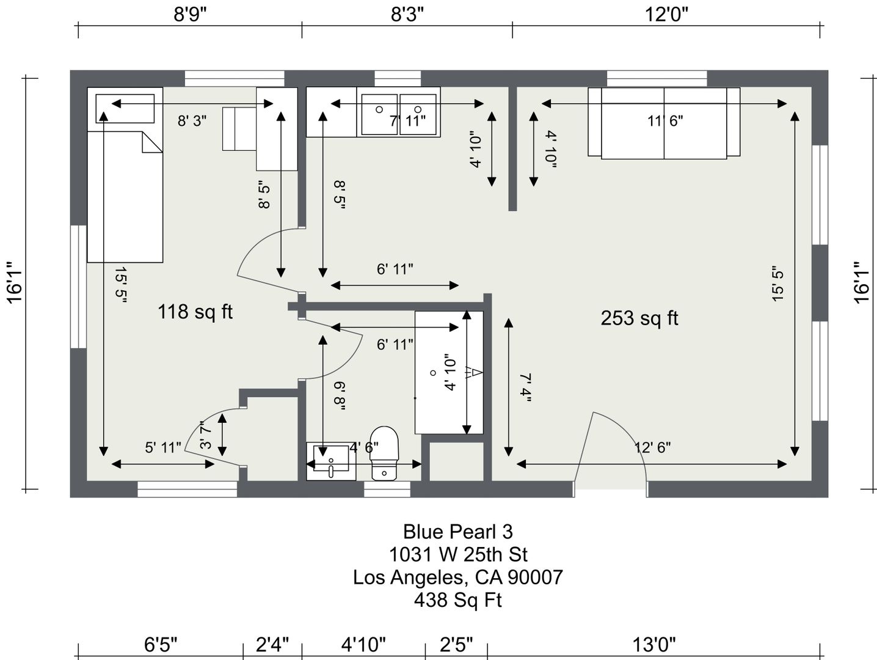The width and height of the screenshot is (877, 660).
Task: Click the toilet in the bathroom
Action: point(384,453)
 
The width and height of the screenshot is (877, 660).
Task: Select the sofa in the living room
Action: point(664,123)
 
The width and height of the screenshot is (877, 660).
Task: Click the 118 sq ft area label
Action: point(195,312)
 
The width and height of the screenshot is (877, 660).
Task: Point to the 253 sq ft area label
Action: point(639,318)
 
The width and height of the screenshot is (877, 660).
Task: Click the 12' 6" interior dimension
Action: point(652,447)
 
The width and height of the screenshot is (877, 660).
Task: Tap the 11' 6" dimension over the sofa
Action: point(665,120)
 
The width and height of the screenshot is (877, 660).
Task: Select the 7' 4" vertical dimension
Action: point(525,388)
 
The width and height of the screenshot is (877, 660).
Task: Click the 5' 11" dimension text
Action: point(163,447)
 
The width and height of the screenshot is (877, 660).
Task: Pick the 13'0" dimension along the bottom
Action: point(653,644)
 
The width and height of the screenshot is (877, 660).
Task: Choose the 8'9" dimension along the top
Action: point(190,15)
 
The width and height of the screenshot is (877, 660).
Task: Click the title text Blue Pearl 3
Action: point(457,532)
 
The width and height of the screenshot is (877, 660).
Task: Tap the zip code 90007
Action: point(536,577)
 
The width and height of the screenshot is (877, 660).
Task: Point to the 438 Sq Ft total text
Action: point(458,599)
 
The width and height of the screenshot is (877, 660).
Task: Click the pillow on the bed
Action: point(125,108)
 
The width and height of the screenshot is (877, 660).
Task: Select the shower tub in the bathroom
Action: point(449,372)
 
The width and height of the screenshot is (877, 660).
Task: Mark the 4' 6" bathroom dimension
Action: point(364,447)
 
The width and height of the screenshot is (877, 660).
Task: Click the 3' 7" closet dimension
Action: point(205,435)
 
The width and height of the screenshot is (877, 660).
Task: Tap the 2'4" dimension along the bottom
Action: point(272,644)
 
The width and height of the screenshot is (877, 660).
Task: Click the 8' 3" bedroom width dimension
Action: point(192,120)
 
